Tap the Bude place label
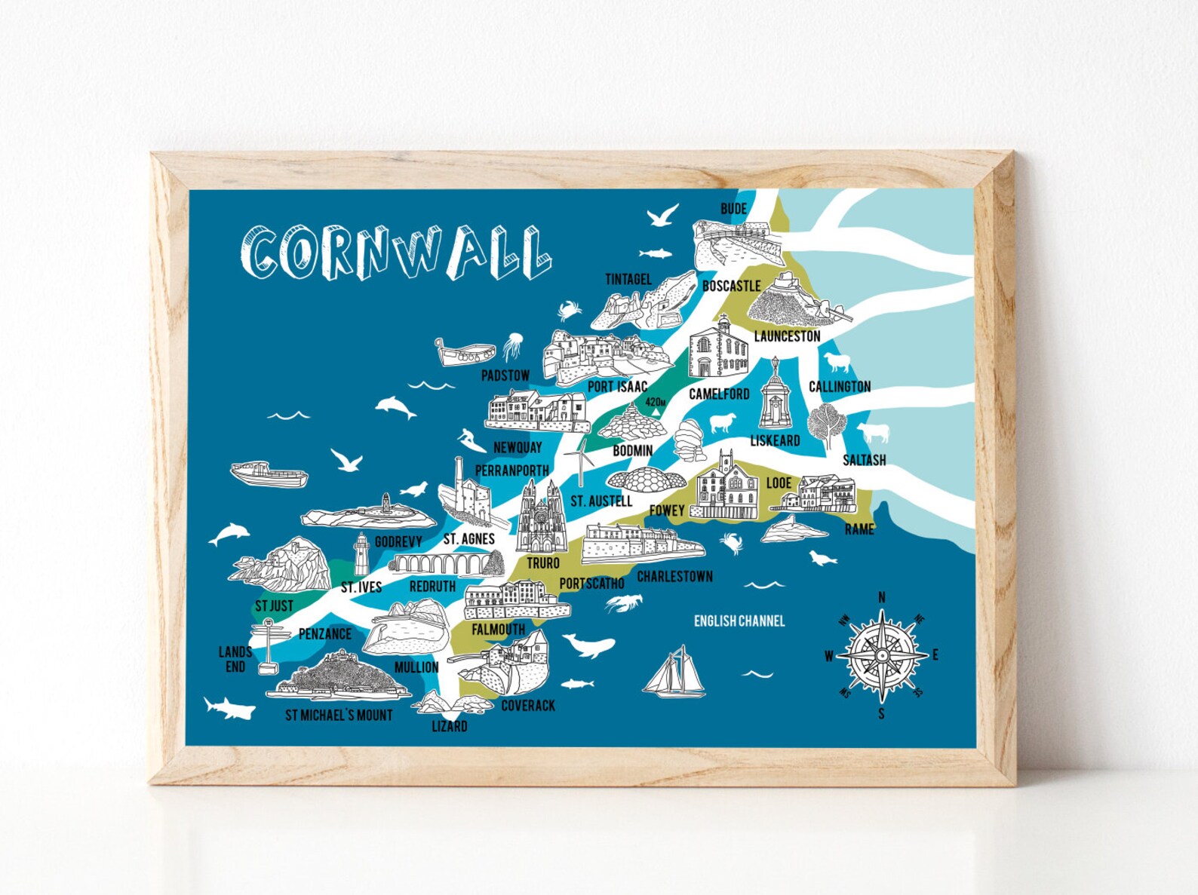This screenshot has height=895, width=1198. (733, 209)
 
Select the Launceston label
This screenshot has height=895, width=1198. (787, 336)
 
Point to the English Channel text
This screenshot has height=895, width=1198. (739, 621)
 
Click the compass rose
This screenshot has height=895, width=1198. (882, 654)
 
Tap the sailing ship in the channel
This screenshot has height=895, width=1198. (674, 673)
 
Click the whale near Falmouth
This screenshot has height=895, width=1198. (590, 645)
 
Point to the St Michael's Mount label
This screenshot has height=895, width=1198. (339, 715)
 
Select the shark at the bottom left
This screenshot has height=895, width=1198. (229, 708)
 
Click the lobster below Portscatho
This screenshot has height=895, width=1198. (625, 602)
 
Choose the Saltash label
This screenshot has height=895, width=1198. (864, 460)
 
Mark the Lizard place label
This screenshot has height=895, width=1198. (449, 726)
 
